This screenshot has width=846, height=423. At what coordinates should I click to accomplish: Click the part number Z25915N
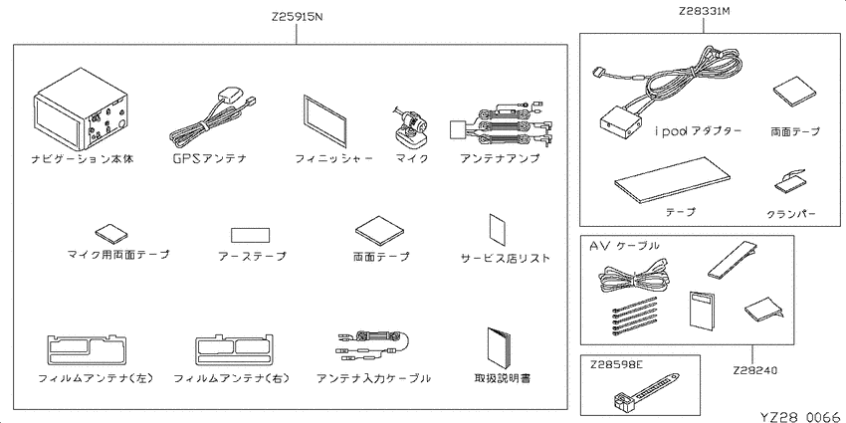pyautogui.click(x=297, y=17)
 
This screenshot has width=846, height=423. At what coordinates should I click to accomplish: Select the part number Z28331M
pyautogui.click(x=704, y=10)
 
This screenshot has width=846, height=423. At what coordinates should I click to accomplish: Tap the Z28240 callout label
pyautogui.click(x=754, y=370)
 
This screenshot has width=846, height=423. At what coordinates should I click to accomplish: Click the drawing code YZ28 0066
pyautogui.click(x=800, y=416)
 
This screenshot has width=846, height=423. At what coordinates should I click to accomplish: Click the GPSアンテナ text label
pyautogui.click(x=209, y=158)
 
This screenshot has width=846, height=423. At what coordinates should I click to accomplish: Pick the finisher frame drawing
pyautogui.click(x=324, y=121)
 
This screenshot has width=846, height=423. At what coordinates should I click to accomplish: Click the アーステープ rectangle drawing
pyautogui.click(x=251, y=235)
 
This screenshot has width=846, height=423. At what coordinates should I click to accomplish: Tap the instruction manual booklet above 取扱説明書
pyautogui.click(x=499, y=348)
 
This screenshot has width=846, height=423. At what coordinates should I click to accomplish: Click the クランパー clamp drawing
pyautogui.click(x=791, y=183)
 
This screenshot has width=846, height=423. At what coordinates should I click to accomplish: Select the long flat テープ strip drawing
pyautogui.click(x=672, y=181)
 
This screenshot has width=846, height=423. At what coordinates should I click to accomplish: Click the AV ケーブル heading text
pyautogui.click(x=624, y=246)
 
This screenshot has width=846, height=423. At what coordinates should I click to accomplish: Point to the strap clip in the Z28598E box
pyautogui.click(x=645, y=389)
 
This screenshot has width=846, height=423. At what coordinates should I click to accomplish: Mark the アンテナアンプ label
pyautogui.click(x=500, y=158)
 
